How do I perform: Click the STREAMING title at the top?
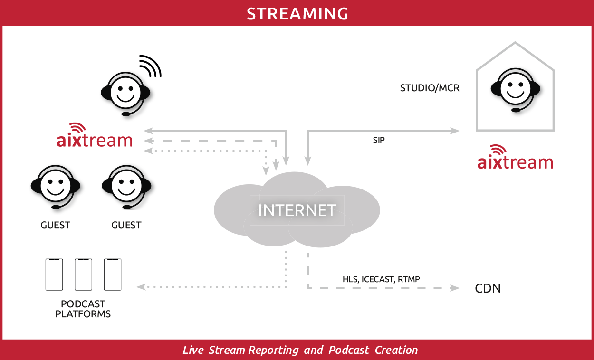point(297,13)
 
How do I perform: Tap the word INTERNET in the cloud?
point(297,210)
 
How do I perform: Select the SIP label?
point(379,141)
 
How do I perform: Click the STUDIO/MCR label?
point(430,88)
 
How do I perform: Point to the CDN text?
point(488,288)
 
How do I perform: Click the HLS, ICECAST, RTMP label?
point(381,279)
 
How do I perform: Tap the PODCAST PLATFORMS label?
point(83,309)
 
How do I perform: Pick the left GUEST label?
point(56,225)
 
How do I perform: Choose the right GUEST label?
point(126,225)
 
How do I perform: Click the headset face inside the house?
point(515,90)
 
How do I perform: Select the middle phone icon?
point(84,275)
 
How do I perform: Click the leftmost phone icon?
point(54,275)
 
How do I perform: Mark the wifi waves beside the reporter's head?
point(151,66)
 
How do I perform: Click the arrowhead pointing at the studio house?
point(456,130)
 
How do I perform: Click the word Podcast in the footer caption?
point(349,351)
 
